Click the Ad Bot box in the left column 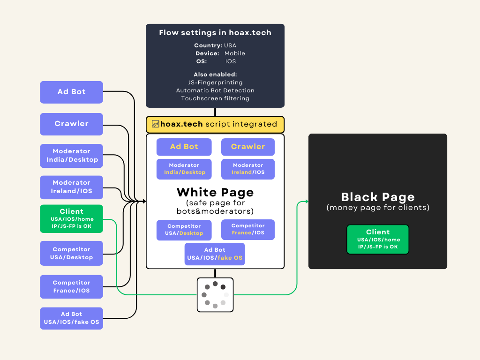pos(71,92)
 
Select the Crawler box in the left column pos(71,124)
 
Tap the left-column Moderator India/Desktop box pos(71,156)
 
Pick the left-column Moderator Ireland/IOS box pos(71,187)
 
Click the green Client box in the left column pos(71,219)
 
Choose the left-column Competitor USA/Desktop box pos(71,254)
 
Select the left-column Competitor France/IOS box pos(71,287)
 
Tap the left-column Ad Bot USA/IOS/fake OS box pos(71,318)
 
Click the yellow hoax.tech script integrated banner pos(215,124)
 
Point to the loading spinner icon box pos(215,295)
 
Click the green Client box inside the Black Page pos(378,240)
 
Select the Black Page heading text pos(378,197)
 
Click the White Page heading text pos(215,192)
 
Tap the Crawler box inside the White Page pos(247,147)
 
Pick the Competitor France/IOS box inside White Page pos(247,230)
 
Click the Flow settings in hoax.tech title pos(215,33)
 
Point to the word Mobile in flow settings pos(234,53)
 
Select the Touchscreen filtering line pos(215,98)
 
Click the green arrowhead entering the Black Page pos(306,202)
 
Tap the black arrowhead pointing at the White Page pos(144,202)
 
